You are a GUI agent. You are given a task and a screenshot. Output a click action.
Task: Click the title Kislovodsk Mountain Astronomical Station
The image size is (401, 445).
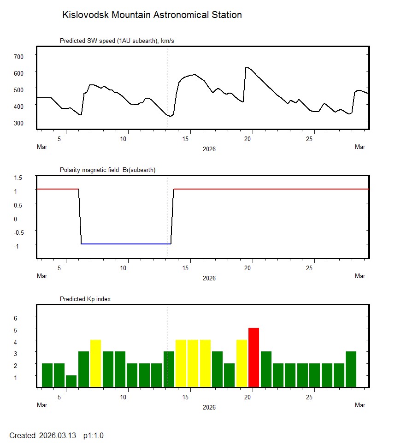point(152,15)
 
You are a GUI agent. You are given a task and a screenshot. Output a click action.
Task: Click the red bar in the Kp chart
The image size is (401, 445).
point(254,357)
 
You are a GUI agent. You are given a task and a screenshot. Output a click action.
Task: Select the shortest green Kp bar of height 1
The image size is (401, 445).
point(71,381)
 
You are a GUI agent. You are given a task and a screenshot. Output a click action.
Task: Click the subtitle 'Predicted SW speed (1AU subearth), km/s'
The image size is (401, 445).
point(117,41)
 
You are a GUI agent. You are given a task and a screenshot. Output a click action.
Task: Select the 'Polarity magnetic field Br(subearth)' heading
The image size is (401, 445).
point(107,170)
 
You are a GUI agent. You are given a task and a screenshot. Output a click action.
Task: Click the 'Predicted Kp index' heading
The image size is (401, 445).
point(85,299)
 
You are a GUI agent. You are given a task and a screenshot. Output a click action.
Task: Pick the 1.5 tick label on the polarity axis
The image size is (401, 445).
point(18,178)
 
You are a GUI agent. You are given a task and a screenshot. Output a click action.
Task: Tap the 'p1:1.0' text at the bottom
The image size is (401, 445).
point(94,435)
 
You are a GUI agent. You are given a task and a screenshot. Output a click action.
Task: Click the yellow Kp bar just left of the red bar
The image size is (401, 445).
point(242,363)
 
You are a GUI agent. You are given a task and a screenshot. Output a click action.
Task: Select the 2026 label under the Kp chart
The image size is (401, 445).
point(209,407)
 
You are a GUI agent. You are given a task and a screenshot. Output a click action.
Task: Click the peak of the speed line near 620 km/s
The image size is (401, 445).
point(247,68)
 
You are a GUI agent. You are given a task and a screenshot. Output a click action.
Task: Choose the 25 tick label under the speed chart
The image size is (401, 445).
point(311,139)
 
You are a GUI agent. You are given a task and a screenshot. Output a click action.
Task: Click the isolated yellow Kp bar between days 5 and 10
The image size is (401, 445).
point(95,363)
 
